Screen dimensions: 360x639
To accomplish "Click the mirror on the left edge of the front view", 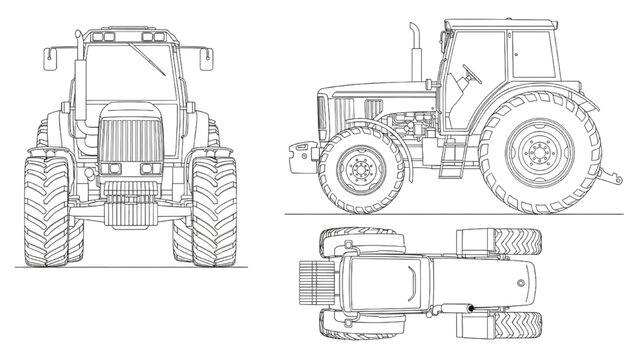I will pyautogui.click(x=49, y=59).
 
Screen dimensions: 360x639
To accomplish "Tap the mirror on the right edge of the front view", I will pyautogui.click(x=206, y=59).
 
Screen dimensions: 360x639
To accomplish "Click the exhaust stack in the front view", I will pyautogui.click(x=79, y=60).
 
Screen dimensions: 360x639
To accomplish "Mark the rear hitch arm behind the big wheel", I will pyautogui.click(x=607, y=178).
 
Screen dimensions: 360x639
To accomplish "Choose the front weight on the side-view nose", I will pyautogui.click(x=301, y=153).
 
